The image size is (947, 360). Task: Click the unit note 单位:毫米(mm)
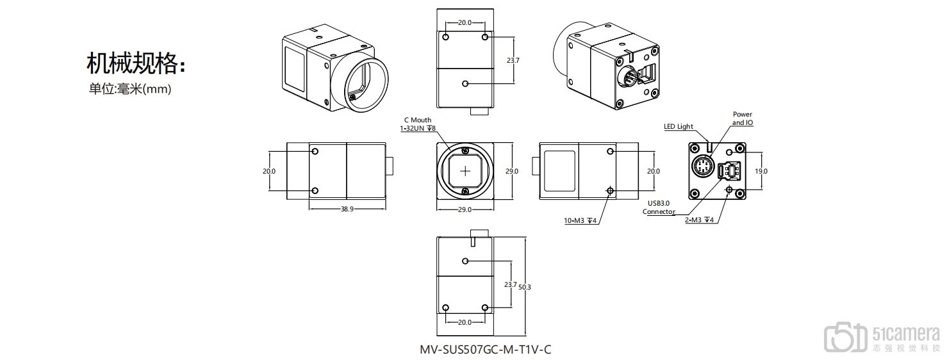coord(130,90)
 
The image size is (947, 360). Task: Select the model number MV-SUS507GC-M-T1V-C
coord(484,350)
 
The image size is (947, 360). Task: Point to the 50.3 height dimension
coord(525,288)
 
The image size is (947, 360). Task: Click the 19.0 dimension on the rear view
coord(761,171)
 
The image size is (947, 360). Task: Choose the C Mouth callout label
coord(417,120)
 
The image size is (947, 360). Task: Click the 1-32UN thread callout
coord(418,129)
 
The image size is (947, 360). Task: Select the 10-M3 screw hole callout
coord(580,221)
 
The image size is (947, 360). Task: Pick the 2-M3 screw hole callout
coord(700,220)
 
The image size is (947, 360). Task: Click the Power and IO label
coord(743,119)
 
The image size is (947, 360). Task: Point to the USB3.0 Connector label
coord(659,208)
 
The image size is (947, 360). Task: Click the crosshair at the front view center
coord(465,171)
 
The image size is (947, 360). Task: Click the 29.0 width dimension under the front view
coord(464,209)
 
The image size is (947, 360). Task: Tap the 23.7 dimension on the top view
coord(512,60)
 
